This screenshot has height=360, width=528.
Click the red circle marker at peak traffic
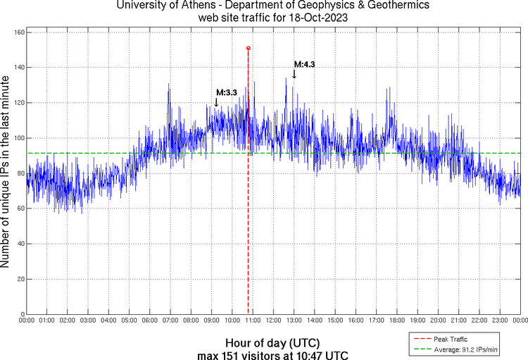[249, 48]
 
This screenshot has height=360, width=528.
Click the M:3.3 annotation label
[226, 92]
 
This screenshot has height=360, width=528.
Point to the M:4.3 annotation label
[304, 64]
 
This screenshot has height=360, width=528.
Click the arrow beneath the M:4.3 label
[294, 74]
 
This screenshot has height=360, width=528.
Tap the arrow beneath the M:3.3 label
[216, 102]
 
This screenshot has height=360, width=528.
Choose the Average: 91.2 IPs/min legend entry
[461, 349]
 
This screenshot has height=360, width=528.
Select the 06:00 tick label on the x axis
[150, 321]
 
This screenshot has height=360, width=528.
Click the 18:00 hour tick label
[396, 321]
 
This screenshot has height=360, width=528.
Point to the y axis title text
[6, 173]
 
